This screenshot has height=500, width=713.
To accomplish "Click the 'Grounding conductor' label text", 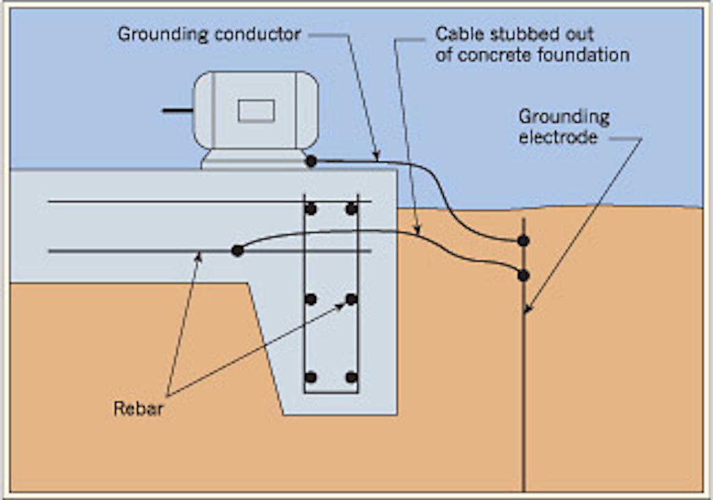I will pos(209,34).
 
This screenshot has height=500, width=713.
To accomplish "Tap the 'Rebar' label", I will pos(138,409).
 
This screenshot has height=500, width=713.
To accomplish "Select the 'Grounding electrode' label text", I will pos(564,127).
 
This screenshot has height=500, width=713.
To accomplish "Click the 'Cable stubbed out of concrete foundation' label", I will pos(532,45).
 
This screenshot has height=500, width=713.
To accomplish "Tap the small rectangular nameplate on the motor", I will pos(256,111).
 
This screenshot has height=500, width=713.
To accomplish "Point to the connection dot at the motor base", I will pos(311,161).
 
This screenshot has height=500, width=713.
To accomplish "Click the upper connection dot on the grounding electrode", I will pos(523,241).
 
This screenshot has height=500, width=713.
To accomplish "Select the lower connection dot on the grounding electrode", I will pos(523,275).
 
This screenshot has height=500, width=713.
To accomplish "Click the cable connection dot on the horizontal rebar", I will pos(237,251).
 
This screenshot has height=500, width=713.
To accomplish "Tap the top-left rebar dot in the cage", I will pos(310,209).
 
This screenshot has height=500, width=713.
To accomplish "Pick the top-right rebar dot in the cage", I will pos(352,209).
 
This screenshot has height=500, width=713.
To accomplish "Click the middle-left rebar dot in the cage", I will pos(310,299).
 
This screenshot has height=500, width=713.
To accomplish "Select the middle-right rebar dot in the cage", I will pos(352,299).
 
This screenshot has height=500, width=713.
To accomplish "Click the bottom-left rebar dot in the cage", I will pos(310,378).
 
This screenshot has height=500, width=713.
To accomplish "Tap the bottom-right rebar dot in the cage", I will pos(352,378).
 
